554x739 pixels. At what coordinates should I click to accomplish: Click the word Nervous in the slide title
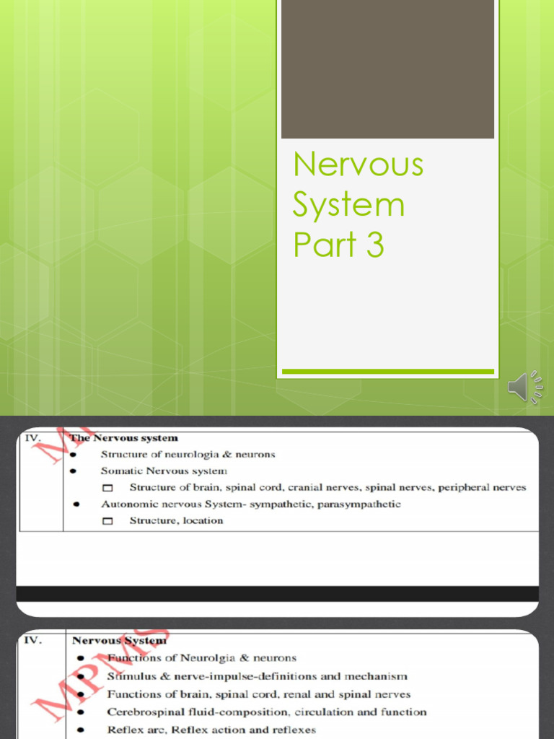click(x=358, y=165)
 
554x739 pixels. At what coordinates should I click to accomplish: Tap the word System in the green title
click(x=348, y=205)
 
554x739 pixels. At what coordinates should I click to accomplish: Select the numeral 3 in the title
click(x=374, y=245)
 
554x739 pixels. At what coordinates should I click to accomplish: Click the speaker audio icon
click(x=525, y=388)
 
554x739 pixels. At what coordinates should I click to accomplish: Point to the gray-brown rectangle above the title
click(x=387, y=69)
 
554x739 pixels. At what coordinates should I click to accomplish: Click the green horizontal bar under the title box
click(x=387, y=372)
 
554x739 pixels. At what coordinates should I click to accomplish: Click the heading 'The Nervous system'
click(x=123, y=437)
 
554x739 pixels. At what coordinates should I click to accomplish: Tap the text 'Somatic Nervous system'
click(x=164, y=471)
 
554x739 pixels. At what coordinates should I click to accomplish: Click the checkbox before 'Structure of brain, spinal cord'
click(x=108, y=488)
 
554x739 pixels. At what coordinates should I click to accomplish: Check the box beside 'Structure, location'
click(x=108, y=520)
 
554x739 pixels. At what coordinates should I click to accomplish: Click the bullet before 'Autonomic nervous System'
click(x=76, y=504)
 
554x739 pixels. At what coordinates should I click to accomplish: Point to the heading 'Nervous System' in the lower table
click(x=119, y=640)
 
